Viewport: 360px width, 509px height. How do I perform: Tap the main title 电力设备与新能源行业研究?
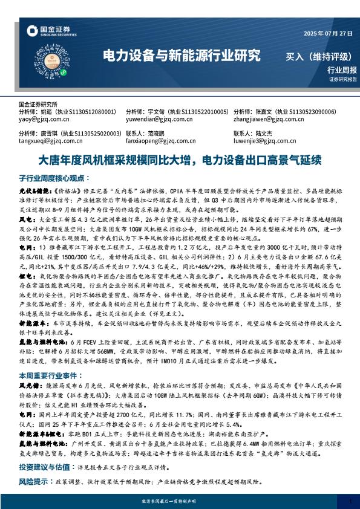[x=182, y=56]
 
